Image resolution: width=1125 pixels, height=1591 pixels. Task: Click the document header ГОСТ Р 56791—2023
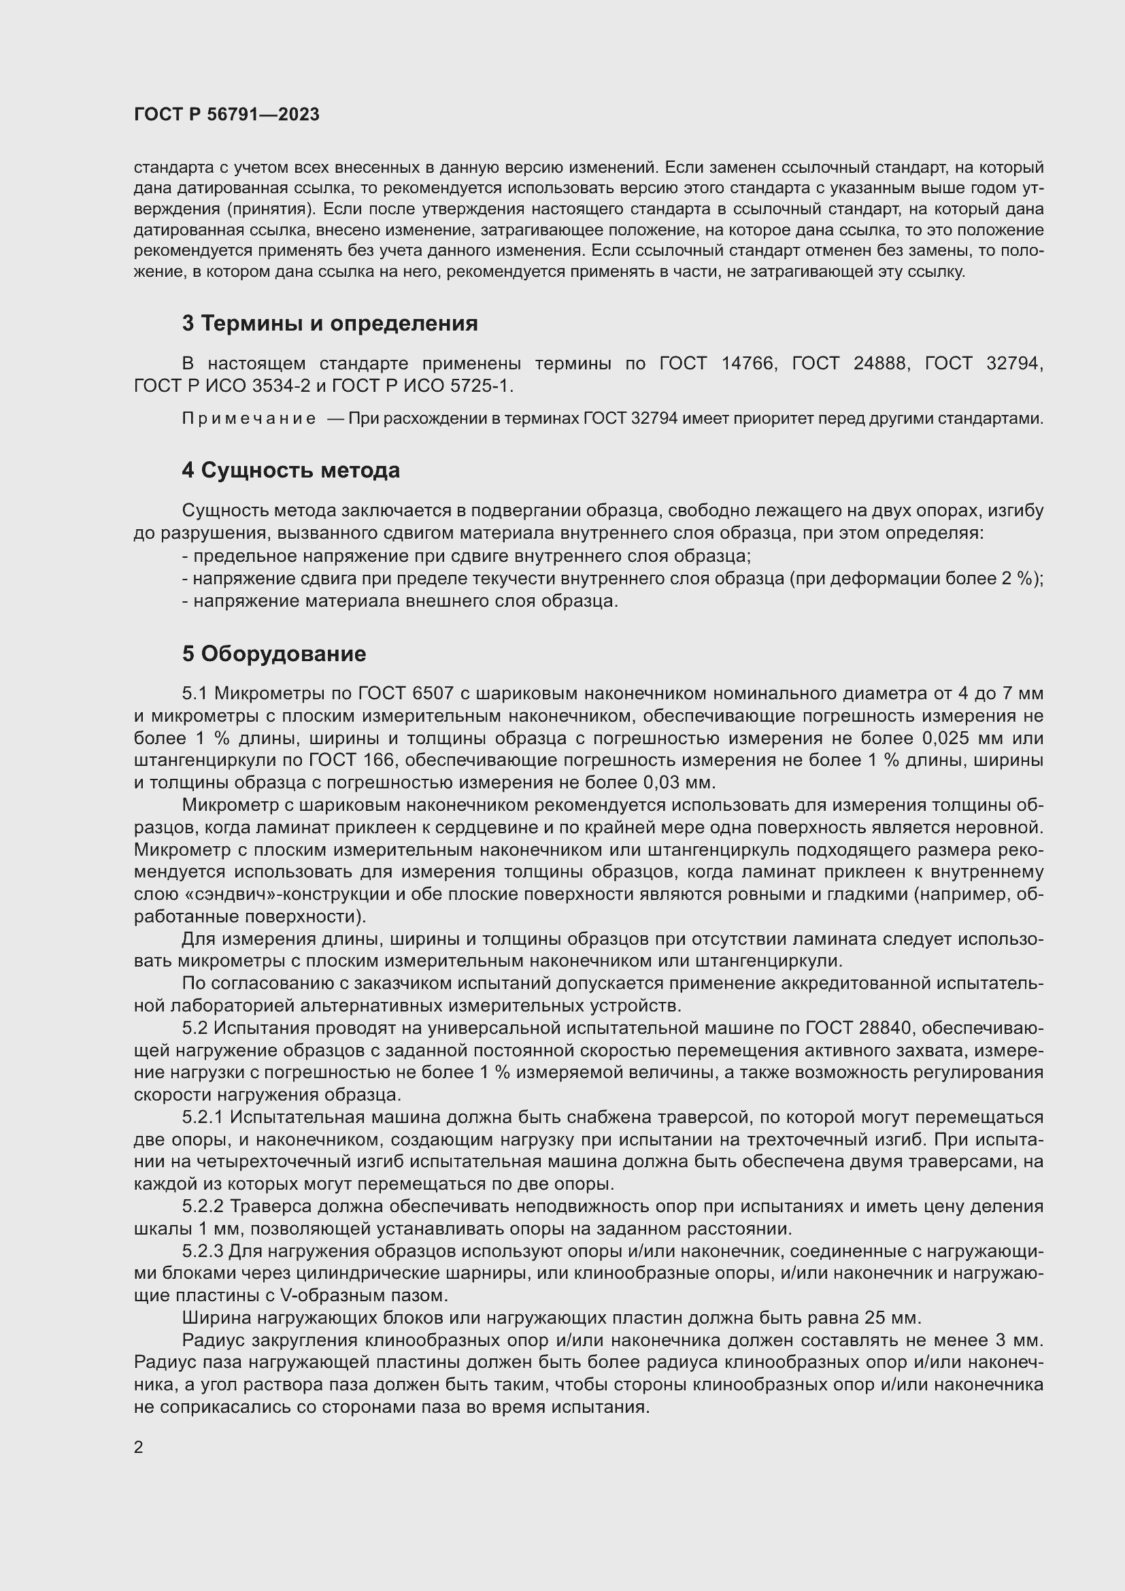(x=226, y=114)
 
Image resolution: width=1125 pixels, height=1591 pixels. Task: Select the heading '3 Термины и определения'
(x=330, y=324)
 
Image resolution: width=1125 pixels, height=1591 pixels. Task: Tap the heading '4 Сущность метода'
(x=291, y=471)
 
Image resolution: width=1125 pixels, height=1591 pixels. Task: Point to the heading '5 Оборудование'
(x=274, y=654)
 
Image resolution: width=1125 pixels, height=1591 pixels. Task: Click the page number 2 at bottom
(x=139, y=1447)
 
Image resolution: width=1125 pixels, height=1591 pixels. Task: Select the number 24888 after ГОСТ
(x=879, y=363)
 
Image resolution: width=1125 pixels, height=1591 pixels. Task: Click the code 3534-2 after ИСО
(x=282, y=385)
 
